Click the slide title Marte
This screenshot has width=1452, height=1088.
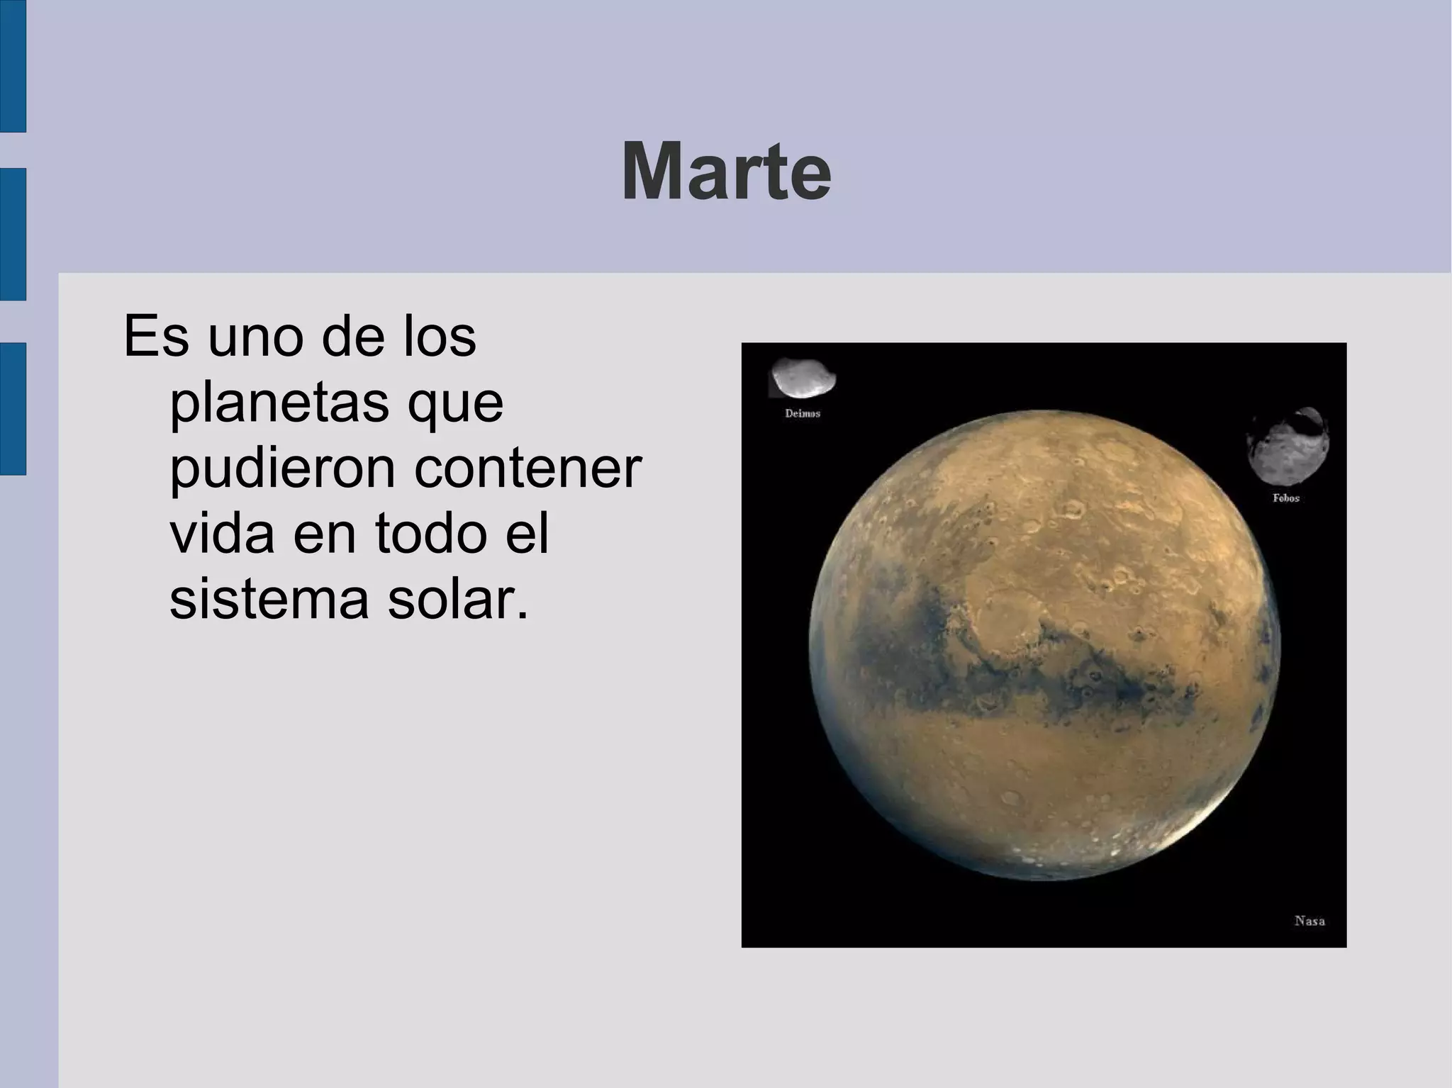pos(725,173)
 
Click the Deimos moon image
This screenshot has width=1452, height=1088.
pos(803,378)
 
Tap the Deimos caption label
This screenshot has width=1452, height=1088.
pos(803,413)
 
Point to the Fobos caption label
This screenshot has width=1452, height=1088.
pos(1286,498)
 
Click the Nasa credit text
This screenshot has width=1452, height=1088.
pos(1309,921)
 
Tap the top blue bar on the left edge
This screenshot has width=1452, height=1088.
pos(13,65)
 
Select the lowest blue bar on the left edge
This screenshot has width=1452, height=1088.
pos(13,408)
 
